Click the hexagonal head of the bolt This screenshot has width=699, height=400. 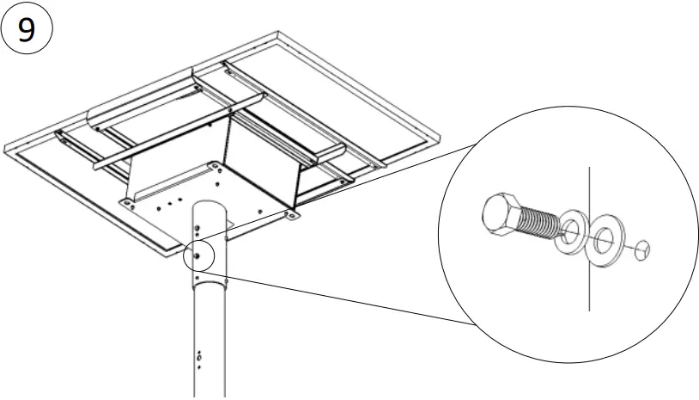(501, 214)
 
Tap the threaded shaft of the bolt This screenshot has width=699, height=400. (538, 225)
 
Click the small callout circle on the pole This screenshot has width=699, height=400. (198, 255)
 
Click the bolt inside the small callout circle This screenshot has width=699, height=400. (198, 255)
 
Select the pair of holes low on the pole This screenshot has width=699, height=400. (199, 356)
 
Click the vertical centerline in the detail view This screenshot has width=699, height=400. (588, 284)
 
